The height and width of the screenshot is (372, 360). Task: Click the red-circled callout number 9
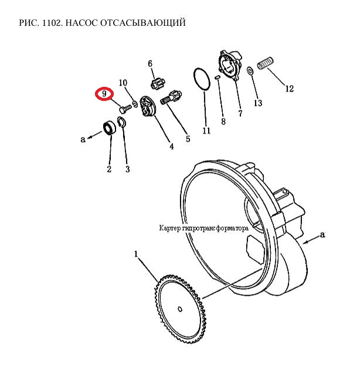(104, 94)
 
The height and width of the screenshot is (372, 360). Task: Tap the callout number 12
(289, 89)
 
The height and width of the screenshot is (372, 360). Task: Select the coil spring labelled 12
(266, 63)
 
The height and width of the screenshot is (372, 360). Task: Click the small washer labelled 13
(250, 70)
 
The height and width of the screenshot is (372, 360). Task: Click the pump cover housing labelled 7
(230, 65)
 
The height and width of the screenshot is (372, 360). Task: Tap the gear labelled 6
(157, 84)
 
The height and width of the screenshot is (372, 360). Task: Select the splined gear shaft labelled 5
(171, 97)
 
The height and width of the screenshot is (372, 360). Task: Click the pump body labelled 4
(147, 107)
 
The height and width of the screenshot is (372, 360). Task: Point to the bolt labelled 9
(125, 109)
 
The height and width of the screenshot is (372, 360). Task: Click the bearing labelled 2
(110, 128)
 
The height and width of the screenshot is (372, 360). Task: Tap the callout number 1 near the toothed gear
(136, 254)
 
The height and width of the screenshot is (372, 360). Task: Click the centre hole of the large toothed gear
(180, 309)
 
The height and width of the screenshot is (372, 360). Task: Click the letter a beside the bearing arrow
(83, 139)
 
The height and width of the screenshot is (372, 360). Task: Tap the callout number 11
(206, 130)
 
